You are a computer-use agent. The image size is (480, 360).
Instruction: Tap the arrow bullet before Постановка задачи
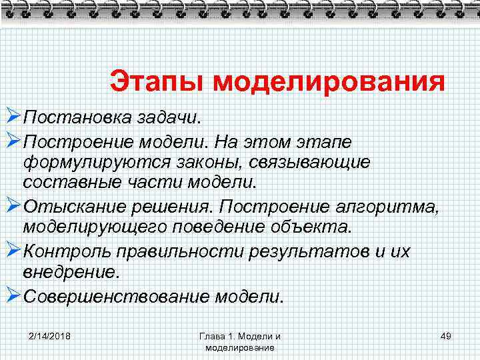[11, 118]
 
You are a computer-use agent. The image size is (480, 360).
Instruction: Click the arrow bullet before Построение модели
[11, 141]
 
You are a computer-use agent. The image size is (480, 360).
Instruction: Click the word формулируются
[89, 162]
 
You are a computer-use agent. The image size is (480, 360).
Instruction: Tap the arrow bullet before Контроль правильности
[11, 251]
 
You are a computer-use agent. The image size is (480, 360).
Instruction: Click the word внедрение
[71, 272]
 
